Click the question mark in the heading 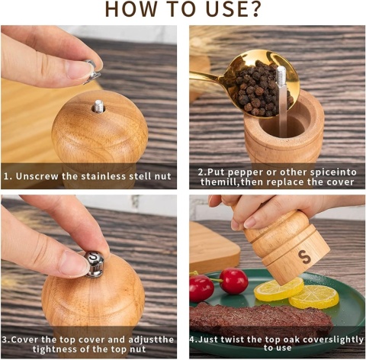[x=253, y=9]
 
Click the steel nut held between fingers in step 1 [x=91, y=72]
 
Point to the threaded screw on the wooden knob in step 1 [x=99, y=106]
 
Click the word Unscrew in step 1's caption [x=37, y=176]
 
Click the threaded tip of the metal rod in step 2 [x=281, y=74]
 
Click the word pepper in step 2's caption [x=246, y=172]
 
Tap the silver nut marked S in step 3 [x=94, y=264]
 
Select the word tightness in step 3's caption [x=55, y=349]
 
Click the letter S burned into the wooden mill [x=304, y=257]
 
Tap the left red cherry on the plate [x=201, y=288]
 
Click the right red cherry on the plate [x=233, y=281]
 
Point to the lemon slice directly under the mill [x=279, y=289]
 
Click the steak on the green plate [x=259, y=318]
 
